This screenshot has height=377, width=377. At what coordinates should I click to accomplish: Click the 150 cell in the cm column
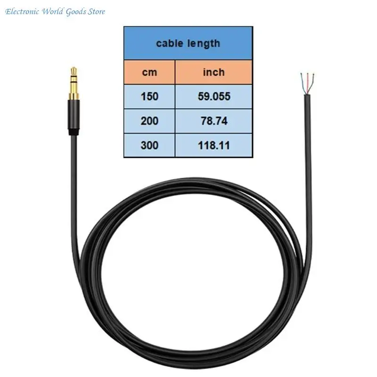[149, 97]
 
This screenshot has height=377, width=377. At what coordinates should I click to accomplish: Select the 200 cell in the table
[149, 121]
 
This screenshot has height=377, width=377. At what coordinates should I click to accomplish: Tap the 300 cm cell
[149, 146]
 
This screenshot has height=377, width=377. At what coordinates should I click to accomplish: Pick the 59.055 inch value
[214, 97]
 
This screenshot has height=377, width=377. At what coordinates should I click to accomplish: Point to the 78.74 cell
[214, 121]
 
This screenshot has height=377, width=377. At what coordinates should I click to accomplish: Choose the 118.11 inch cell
[214, 146]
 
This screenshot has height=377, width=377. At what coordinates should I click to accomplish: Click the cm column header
[149, 72]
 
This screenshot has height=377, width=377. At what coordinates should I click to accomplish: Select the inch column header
[214, 72]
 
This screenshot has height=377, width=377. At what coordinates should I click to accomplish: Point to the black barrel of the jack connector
[74, 115]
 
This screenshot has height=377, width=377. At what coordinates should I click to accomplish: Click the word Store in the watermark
[97, 11]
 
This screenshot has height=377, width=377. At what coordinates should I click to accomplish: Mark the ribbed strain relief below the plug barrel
[74, 132]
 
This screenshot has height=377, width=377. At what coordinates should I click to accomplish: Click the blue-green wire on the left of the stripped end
[303, 83]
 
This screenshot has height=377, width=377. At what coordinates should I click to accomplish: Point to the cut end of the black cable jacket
[308, 96]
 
